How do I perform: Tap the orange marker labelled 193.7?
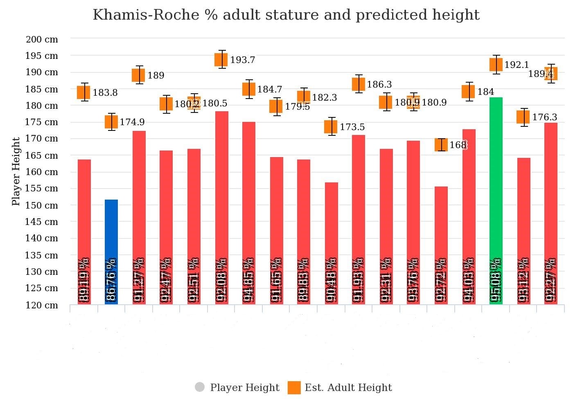[221, 60]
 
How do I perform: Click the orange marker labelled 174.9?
[111, 122]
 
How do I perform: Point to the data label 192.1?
[517, 65]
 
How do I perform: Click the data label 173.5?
[352, 127]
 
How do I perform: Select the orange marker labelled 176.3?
[523, 117]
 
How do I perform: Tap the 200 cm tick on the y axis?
[42, 40]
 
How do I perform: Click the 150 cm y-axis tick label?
[42, 205]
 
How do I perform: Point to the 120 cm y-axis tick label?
[42, 305]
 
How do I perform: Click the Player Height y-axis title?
[16, 171]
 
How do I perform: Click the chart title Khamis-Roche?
[286, 15]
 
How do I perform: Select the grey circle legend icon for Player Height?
[200, 387]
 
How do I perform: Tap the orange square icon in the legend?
[294, 387]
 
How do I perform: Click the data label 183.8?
[105, 93]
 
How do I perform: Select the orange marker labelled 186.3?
[359, 84]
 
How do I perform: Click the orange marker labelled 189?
[138, 75]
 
